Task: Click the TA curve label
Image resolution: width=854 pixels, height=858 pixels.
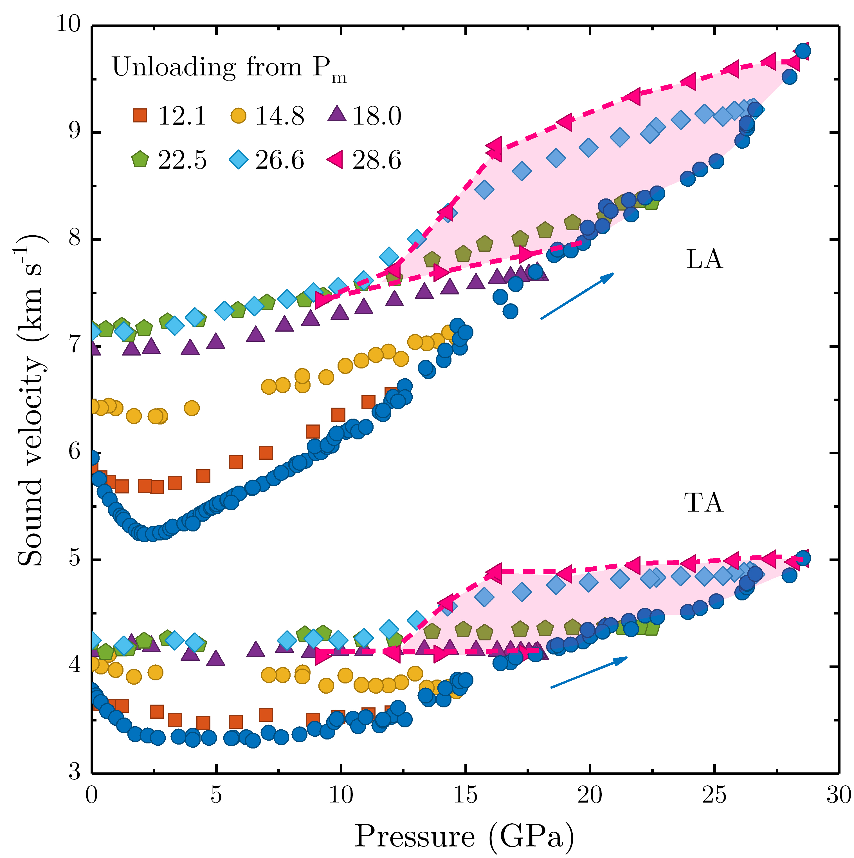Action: tap(704, 503)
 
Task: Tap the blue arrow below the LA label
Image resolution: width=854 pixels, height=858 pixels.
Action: tap(577, 296)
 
